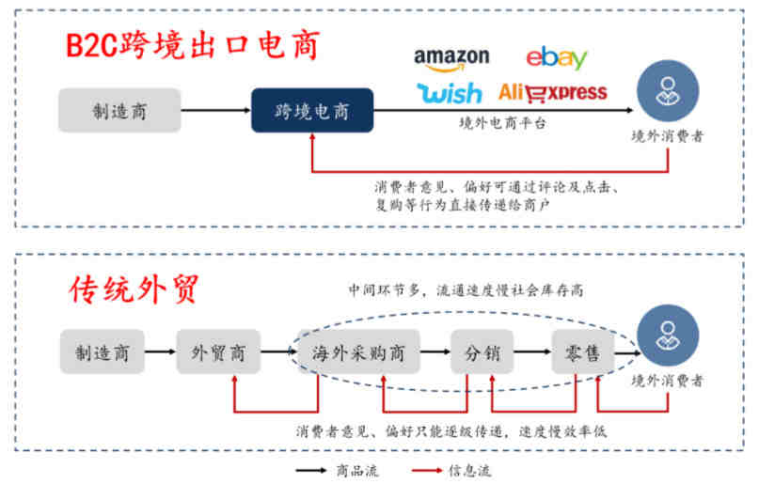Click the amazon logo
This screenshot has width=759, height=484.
(x=451, y=58)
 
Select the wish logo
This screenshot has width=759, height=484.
(x=449, y=92)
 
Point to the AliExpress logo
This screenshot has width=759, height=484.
(x=552, y=92)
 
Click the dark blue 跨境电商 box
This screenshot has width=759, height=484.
(x=311, y=111)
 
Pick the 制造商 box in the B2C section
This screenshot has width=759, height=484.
(x=119, y=111)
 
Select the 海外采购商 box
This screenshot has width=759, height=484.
(x=358, y=353)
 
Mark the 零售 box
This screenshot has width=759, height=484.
(x=582, y=353)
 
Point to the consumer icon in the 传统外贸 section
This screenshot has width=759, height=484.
(x=669, y=341)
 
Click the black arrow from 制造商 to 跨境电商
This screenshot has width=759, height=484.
(x=215, y=111)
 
